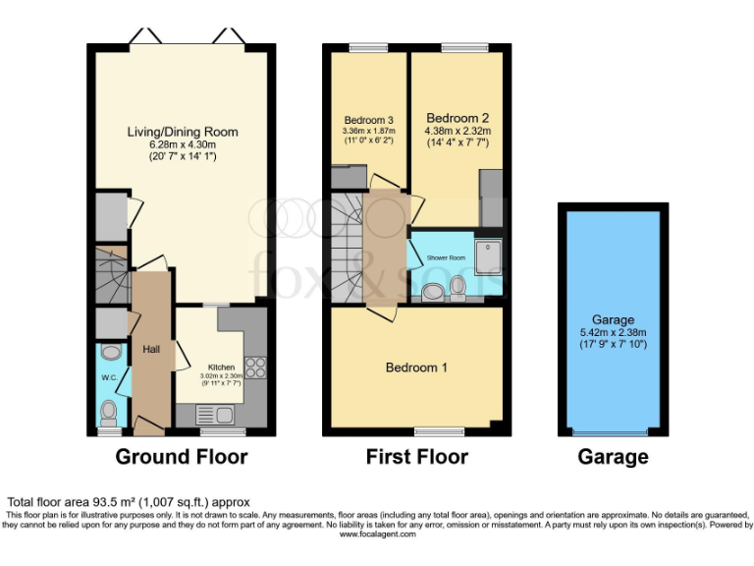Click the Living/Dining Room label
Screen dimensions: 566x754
(x=182, y=132)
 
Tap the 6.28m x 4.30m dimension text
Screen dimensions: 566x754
(x=182, y=143)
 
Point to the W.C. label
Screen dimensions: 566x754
(x=110, y=377)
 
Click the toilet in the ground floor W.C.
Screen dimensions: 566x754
(x=109, y=410)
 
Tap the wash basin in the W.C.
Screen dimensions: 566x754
(x=110, y=352)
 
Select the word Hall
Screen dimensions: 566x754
(x=151, y=349)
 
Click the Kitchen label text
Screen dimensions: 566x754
(x=221, y=367)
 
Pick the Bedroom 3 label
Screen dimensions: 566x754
(x=368, y=121)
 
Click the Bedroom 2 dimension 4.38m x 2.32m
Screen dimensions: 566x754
(x=456, y=132)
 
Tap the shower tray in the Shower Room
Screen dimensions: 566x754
(x=488, y=255)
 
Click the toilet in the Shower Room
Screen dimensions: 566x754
(x=458, y=285)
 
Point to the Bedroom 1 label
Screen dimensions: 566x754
(x=416, y=368)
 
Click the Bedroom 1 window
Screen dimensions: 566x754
(x=438, y=430)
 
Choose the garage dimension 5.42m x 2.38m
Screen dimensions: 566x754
(x=613, y=332)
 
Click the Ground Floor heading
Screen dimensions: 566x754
(x=182, y=457)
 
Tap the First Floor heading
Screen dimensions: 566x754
(x=416, y=457)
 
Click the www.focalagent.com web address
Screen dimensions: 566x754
(x=376, y=535)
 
